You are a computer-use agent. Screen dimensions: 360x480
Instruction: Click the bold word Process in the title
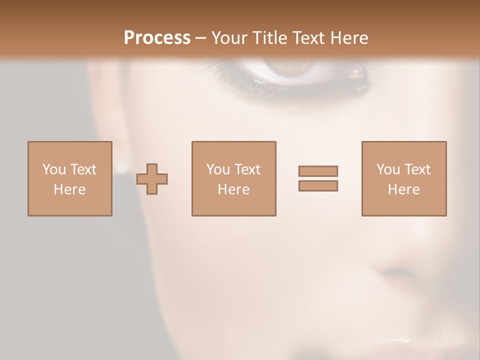tap(157, 38)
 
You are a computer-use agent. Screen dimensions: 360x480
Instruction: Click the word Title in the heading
tap(270, 38)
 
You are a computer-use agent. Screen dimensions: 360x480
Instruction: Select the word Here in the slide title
tap(349, 38)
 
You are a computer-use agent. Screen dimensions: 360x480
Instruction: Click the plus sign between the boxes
tap(152, 179)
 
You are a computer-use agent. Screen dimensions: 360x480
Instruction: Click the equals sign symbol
tap(318, 178)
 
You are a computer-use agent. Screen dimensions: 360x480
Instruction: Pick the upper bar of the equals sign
tap(318, 171)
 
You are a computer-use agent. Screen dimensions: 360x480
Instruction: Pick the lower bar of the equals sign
tap(318, 186)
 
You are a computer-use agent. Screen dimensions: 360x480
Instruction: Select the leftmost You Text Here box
tap(70, 178)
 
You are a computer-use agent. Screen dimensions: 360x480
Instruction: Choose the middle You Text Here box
tap(233, 178)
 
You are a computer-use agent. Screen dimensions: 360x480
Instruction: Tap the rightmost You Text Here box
tap(404, 178)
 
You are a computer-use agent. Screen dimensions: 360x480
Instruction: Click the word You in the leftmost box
tap(54, 169)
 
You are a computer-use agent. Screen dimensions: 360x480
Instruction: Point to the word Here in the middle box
tap(233, 189)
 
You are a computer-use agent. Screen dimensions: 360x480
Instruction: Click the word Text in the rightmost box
tap(416, 169)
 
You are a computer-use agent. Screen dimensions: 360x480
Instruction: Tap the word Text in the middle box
tap(246, 169)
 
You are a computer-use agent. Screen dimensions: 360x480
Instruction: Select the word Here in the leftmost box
tap(70, 189)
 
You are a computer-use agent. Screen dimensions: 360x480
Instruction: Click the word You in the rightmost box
tap(388, 169)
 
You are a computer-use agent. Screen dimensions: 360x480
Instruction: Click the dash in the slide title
tap(200, 38)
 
